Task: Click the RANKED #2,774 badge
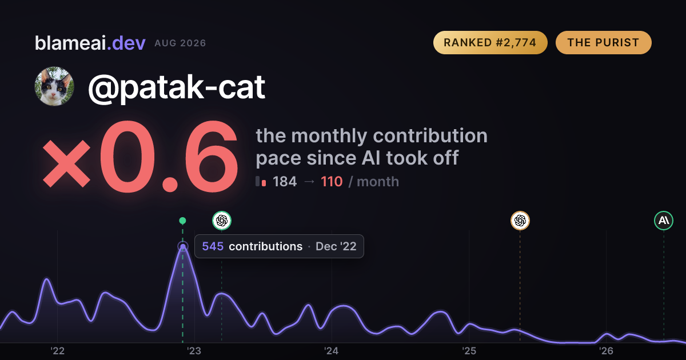point(490,42)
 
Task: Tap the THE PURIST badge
point(603,42)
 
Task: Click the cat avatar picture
point(54,86)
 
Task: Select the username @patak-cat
point(177,87)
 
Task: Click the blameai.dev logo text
point(90,43)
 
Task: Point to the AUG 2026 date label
point(181,43)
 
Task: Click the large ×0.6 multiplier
point(140,157)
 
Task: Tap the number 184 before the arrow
point(285,182)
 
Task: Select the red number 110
point(332,182)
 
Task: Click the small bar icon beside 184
point(261,181)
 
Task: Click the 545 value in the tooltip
point(213,246)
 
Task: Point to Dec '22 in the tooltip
point(336,246)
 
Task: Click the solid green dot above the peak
point(182,221)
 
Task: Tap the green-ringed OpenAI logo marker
point(222,221)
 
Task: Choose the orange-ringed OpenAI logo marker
point(520,221)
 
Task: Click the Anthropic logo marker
point(664,221)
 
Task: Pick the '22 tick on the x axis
point(57,351)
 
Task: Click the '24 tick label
point(332,351)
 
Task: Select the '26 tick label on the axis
point(606,351)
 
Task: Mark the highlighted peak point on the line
point(183,246)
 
